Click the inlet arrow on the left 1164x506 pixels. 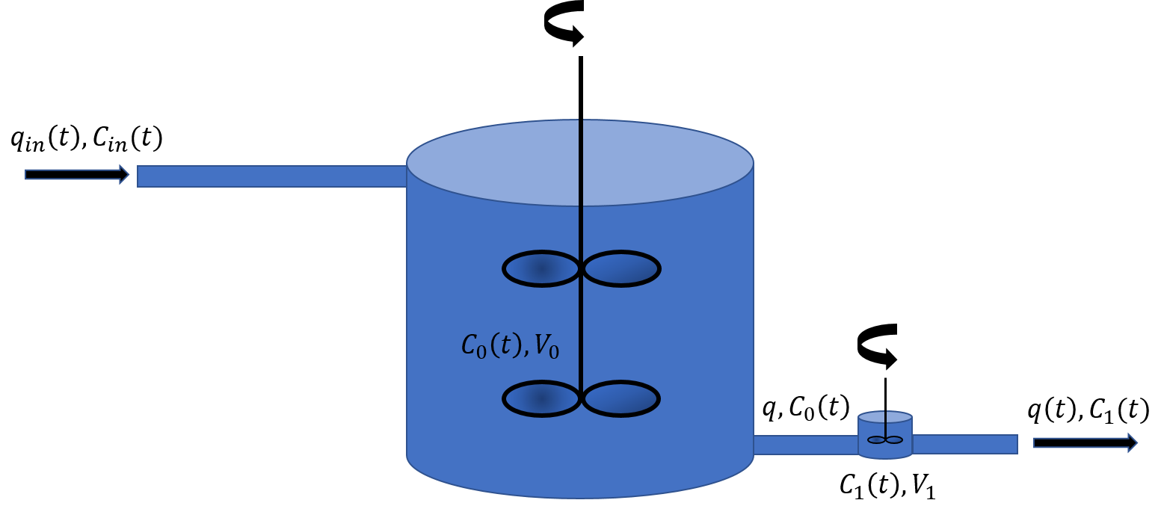75,174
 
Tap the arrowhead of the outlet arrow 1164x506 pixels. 1132,442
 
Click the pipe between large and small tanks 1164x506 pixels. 805,445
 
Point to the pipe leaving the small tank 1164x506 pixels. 964,444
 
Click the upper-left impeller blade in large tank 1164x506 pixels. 542,269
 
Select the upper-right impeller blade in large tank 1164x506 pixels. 621,269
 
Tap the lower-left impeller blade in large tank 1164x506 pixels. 542,398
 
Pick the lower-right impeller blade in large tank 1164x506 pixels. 621,398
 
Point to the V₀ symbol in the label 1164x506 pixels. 546,347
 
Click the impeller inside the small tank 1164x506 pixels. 885,439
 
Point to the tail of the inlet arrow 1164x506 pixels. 30,174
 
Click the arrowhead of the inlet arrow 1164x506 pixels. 124,174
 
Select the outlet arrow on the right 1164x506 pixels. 1084,442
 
